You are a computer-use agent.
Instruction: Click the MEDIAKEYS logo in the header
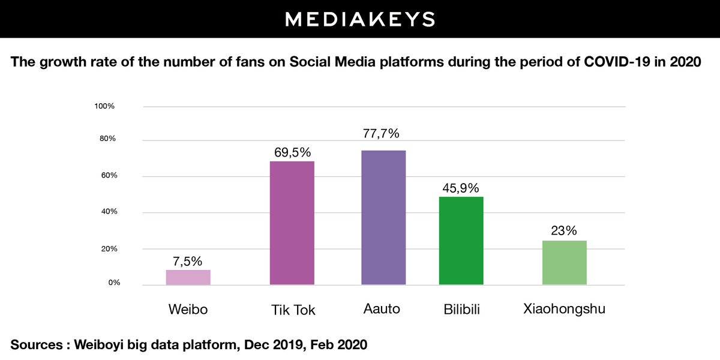[x=359, y=19]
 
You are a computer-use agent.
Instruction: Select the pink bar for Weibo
[x=188, y=277]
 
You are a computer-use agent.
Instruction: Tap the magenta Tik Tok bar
[x=292, y=223]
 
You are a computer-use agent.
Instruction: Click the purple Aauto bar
[x=383, y=218]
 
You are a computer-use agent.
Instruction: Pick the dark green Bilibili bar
[x=461, y=241]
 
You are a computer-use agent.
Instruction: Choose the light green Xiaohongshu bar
[x=565, y=263]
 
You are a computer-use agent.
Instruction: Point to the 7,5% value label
[x=188, y=261]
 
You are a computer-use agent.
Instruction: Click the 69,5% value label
[x=292, y=152]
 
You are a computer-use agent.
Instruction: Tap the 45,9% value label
[x=461, y=187]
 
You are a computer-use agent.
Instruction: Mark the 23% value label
[x=564, y=231]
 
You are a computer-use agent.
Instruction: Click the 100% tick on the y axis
[x=104, y=106]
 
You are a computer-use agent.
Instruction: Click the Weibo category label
[x=188, y=310]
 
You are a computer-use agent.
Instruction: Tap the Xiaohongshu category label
[x=564, y=310]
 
